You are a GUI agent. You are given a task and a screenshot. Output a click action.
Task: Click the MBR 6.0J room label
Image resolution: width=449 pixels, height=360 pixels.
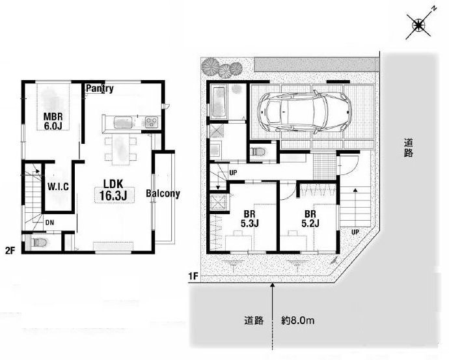[53, 121]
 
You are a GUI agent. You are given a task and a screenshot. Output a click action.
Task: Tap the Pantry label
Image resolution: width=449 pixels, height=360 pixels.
[100, 89]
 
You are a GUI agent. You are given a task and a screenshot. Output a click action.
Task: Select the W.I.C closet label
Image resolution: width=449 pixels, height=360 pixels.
[58, 187]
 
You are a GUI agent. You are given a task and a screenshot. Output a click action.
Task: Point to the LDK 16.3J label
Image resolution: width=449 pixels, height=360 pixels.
[113, 190]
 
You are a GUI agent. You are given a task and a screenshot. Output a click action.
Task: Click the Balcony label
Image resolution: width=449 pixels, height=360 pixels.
[163, 194]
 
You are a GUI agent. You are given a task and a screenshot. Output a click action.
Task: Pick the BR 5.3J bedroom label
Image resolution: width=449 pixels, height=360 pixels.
[250, 219]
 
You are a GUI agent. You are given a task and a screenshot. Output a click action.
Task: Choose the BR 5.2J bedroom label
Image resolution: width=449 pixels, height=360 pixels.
[310, 219]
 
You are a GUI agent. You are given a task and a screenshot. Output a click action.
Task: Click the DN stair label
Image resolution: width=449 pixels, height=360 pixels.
[49, 223]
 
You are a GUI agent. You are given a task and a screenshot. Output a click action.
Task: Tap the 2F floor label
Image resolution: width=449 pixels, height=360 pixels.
[10, 251]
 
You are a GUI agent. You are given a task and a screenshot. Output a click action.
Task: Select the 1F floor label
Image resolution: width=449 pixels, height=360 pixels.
[193, 277]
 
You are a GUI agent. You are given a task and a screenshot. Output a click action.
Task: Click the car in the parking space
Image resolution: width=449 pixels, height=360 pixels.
[304, 112]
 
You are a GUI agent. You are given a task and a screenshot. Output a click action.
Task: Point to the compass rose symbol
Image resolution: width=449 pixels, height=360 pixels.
[418, 26]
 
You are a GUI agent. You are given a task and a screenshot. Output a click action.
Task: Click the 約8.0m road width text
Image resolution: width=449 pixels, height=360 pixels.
[298, 320]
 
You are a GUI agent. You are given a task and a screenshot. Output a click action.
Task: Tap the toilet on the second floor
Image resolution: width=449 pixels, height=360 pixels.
[39, 243]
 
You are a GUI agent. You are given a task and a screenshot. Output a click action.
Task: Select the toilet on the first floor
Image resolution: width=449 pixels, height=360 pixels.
[258, 152]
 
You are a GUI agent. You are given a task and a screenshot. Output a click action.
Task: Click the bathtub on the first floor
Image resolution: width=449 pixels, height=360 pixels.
[219, 103]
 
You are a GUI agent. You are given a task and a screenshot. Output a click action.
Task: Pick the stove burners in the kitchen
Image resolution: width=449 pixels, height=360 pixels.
[151, 122]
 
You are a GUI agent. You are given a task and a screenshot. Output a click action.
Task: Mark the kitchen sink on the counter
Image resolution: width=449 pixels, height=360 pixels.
[123, 122]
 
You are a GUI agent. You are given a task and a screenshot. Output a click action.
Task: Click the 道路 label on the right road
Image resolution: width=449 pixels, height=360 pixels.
[409, 148]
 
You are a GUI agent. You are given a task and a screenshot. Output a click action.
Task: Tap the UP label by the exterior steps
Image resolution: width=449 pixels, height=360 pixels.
[355, 232]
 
